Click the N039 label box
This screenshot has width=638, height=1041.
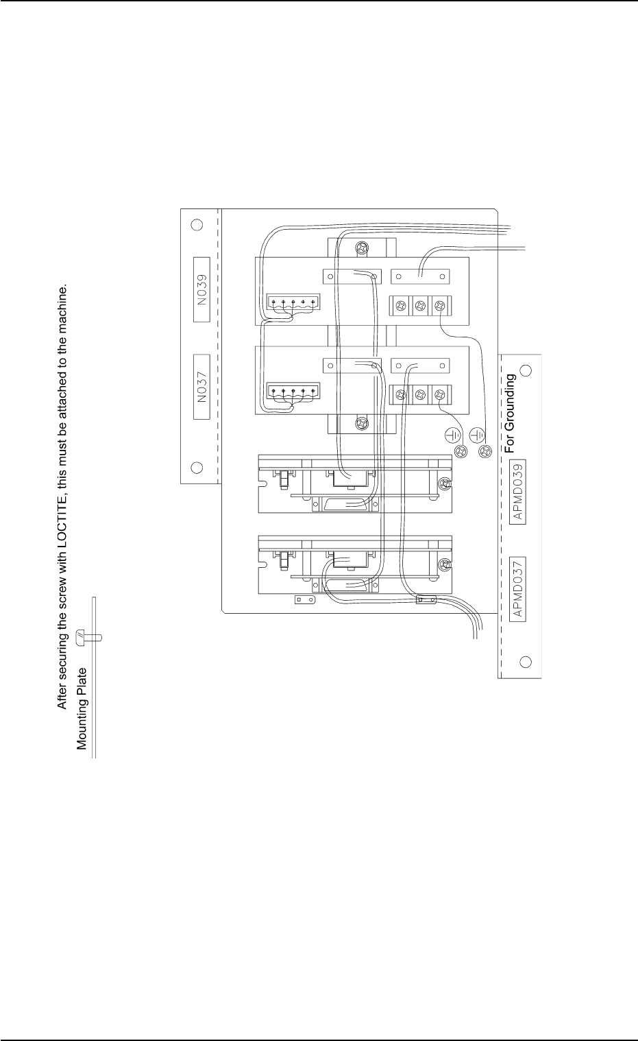[201, 289]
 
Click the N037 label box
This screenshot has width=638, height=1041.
[201, 387]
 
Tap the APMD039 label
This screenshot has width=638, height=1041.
[518, 492]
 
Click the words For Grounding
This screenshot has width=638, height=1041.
[510, 414]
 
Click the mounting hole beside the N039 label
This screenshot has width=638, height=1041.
[197, 224]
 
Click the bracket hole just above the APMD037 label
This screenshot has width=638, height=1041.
[526, 662]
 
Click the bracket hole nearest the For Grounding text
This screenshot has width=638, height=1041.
[526, 370]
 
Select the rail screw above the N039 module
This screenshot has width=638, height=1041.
[362, 248]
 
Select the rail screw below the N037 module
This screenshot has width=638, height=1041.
[362, 423]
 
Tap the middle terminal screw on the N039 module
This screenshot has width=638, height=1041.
[420, 306]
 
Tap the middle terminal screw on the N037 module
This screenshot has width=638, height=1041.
[420, 395]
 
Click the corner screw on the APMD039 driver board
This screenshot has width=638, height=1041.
[445, 484]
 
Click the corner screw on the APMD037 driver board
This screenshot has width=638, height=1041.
[445, 564]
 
